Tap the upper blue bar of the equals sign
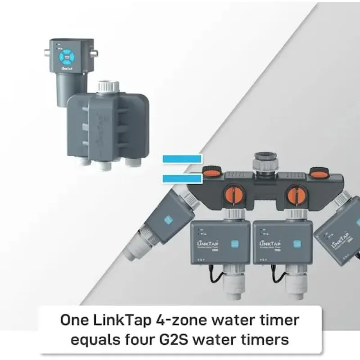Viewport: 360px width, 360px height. (182, 158)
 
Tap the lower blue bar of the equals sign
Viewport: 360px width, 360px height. (182, 179)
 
